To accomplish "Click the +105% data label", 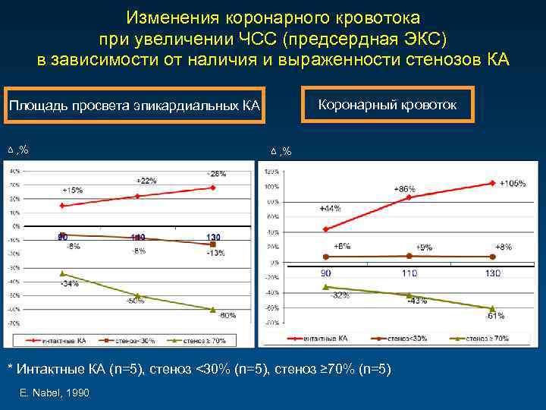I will click(x=512, y=184).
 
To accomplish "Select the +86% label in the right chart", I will click(x=405, y=188).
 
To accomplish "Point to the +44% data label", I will click(x=330, y=208).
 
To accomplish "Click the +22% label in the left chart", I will click(x=146, y=181).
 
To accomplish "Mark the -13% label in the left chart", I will click(x=215, y=253).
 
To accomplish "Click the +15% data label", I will click(x=73, y=190).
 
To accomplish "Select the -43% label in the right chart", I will click(x=416, y=301).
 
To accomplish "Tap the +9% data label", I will click(x=425, y=247).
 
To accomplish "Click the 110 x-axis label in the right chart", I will click(x=409, y=272).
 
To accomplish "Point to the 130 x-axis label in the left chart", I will click(x=214, y=238).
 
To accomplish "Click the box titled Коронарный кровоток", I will click(x=387, y=106).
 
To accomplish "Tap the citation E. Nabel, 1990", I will click(x=56, y=393).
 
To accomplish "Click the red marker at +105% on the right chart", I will click(x=493, y=183).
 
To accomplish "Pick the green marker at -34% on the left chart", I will click(x=62, y=274).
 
